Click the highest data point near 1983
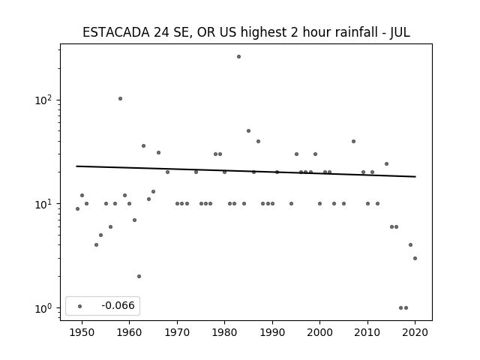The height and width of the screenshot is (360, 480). click(238, 57)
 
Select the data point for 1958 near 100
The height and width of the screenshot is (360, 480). click(120, 98)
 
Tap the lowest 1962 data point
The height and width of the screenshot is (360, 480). click(139, 277)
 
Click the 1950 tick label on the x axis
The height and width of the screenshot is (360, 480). click(82, 332)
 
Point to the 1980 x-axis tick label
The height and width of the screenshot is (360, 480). click(224, 332)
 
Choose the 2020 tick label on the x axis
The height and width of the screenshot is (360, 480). click(415, 332)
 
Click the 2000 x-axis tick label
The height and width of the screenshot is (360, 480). click(319, 332)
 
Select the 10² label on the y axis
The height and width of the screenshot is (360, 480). click(43, 100)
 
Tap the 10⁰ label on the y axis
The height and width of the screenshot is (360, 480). click(43, 308)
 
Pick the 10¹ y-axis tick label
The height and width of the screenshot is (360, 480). click(43, 204)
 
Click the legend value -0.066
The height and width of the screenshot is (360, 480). click(118, 305)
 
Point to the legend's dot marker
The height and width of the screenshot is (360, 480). click(80, 306)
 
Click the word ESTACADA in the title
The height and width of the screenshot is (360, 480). click(116, 32)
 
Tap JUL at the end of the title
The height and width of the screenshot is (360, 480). click(400, 32)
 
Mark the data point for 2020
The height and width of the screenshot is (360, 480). click(415, 258)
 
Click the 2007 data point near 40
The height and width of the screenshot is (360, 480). click(353, 142)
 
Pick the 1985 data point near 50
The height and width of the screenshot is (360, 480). click(248, 131)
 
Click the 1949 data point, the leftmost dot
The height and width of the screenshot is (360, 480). click(77, 208)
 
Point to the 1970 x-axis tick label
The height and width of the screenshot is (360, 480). click(177, 332)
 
